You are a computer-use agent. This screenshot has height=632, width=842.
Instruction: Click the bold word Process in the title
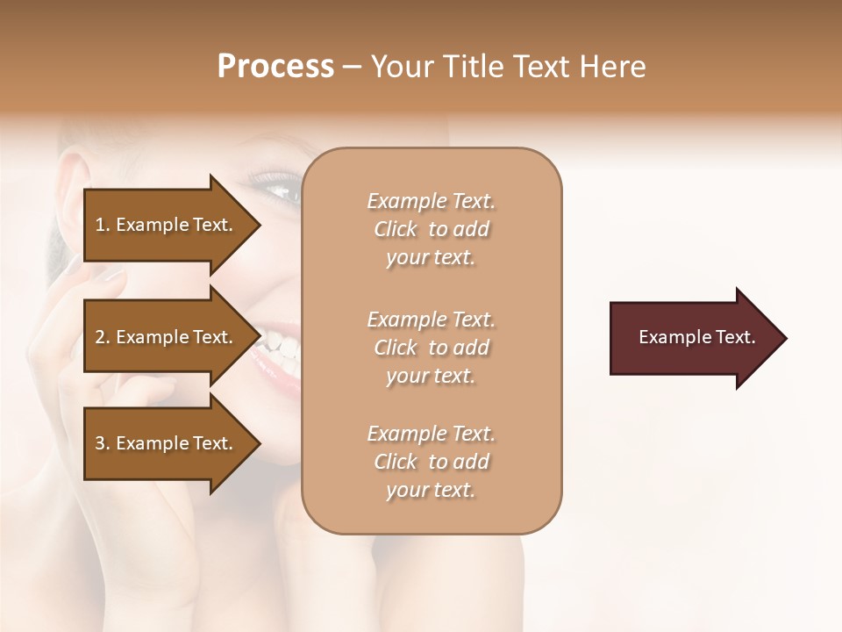(x=275, y=67)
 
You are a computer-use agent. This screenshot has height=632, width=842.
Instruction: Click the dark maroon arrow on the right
(x=693, y=337)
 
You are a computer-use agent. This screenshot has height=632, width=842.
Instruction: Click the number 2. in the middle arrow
(x=103, y=337)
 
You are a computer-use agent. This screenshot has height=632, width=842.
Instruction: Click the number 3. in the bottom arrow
(x=103, y=443)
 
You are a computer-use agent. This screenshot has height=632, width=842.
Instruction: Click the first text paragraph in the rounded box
(x=431, y=229)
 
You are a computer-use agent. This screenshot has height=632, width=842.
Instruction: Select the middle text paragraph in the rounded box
(x=431, y=347)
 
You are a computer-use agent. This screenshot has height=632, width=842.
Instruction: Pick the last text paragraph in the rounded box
(x=431, y=462)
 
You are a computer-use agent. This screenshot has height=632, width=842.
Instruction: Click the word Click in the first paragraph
(x=396, y=229)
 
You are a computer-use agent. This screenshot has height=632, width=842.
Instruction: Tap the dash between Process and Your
(x=353, y=68)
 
